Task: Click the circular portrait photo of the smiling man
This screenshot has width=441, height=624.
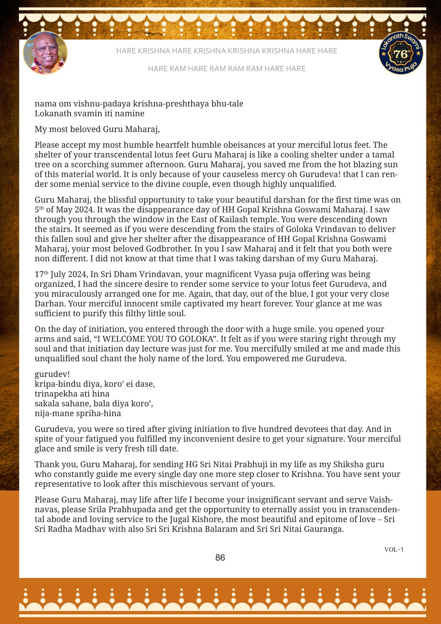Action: point(45,53)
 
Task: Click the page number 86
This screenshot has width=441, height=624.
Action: point(220,558)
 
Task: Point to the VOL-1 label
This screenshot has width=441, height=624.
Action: point(394,549)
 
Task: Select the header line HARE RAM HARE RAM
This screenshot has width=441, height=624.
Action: point(226,69)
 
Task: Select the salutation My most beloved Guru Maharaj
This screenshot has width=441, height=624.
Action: point(97,129)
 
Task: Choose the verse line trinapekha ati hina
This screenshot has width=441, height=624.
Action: point(72,394)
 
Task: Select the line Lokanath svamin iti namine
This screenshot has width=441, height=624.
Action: point(89,113)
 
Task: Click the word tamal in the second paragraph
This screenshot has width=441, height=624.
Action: point(383,155)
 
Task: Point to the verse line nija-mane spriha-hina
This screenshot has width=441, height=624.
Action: point(78,413)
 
